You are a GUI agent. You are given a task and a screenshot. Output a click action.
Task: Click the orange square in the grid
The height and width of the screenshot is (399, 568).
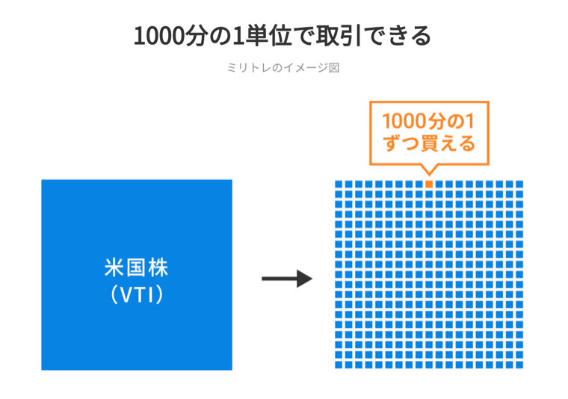(x=429, y=185)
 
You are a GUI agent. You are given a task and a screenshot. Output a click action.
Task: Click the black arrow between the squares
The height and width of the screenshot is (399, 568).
(x=287, y=279)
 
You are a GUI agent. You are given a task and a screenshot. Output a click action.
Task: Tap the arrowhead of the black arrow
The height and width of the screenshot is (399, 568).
(x=305, y=279)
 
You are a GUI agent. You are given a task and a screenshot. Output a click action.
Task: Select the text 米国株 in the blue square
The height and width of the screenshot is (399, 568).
(x=137, y=267)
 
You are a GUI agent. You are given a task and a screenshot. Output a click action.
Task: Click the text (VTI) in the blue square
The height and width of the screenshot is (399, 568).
(x=137, y=294)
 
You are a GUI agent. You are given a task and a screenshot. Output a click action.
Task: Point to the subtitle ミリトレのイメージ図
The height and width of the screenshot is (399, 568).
(x=283, y=68)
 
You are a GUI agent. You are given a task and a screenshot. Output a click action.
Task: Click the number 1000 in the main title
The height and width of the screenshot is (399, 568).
(x=159, y=36)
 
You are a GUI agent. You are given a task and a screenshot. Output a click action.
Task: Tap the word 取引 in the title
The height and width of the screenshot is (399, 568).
(x=339, y=36)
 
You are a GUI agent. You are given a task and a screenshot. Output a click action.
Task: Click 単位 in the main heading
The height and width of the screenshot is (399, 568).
(x=268, y=36)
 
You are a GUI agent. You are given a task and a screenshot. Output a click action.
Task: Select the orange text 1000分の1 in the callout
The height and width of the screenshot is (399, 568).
(x=428, y=121)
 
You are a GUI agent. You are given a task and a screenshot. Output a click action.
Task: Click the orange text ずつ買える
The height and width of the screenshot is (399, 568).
(x=429, y=143)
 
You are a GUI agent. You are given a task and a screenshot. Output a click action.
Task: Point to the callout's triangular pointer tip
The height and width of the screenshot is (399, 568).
(x=429, y=175)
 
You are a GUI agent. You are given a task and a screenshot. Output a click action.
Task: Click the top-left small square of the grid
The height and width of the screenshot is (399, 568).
(x=339, y=185)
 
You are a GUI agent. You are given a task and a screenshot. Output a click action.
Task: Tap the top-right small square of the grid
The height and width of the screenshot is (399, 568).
(x=519, y=185)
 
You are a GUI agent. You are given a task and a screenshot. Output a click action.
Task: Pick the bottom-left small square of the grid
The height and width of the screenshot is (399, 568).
(x=339, y=365)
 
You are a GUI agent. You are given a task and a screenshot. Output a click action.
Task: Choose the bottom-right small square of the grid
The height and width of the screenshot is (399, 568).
(x=519, y=365)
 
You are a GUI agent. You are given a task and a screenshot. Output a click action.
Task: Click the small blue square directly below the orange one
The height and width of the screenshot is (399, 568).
(x=429, y=194)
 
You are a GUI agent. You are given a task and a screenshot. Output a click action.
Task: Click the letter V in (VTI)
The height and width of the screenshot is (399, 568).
(x=126, y=295)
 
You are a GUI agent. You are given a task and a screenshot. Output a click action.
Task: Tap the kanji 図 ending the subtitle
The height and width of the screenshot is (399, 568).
(x=334, y=68)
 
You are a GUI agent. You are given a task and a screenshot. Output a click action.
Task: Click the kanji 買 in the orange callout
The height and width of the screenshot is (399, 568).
(x=429, y=143)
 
